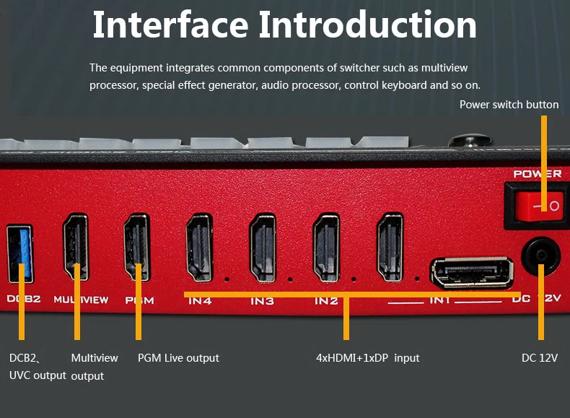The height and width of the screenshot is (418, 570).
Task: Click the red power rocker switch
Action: coord(537,205)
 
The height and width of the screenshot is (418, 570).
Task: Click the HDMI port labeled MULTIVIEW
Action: coord(75,246)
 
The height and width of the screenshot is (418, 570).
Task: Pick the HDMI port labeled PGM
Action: coord(137,246)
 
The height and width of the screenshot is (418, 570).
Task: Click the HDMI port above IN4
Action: coord(200,246)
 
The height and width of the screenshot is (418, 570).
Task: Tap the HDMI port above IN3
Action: coord(263,246)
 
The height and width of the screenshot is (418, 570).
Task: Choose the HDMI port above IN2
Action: coord(326,246)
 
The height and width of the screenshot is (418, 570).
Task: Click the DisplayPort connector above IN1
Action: coord(462,273)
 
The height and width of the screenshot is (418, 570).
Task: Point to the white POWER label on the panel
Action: coord(537,174)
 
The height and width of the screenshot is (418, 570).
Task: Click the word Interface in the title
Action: coord(170,25)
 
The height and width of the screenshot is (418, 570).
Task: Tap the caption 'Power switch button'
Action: coord(509,105)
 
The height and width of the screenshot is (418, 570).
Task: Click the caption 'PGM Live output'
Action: coord(178,358)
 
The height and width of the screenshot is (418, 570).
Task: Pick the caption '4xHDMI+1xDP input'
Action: coord(367,358)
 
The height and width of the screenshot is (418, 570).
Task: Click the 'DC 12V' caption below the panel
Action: coord(540,358)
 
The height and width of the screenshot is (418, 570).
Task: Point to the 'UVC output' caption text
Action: coord(38,375)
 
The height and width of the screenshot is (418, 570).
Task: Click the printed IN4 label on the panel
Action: coord(200,300)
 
